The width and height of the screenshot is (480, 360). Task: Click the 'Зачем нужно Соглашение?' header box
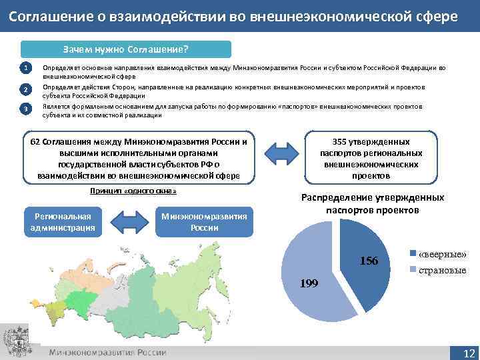tap(126, 49)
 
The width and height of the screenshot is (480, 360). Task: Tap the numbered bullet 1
tap(25, 68)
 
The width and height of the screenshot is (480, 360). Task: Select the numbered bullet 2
tap(25, 89)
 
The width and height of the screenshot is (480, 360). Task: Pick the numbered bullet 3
tap(25, 109)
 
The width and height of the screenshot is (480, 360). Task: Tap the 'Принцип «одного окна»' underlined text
tap(133, 191)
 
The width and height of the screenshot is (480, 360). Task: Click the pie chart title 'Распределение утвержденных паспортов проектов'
tap(373, 204)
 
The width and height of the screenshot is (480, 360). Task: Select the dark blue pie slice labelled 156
tap(360, 253)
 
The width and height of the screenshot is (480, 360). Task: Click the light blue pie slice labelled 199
tap(307, 267)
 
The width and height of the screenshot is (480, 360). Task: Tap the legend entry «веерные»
tap(441, 255)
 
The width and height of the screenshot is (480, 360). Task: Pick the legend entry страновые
tap(441, 270)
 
